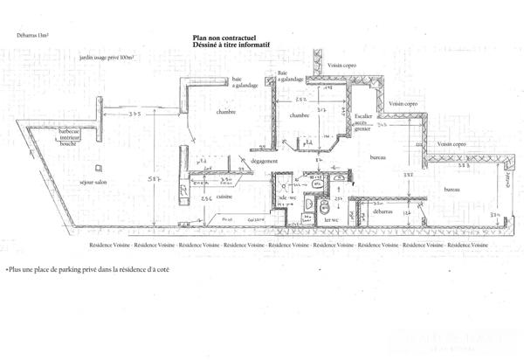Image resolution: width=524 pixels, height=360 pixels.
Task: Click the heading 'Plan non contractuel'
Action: pyautogui.click(x=223, y=38)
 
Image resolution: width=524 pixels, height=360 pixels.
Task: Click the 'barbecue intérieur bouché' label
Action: pyautogui.click(x=69, y=137)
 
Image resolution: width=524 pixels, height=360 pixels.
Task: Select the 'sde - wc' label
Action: pyautogui.click(x=289, y=199)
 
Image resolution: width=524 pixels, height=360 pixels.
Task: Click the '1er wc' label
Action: pyautogui.click(x=331, y=220)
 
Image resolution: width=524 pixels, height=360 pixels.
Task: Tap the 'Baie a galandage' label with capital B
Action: pyautogui.click(x=290, y=76)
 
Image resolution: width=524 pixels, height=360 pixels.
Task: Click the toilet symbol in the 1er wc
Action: pyautogui.click(x=324, y=206)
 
